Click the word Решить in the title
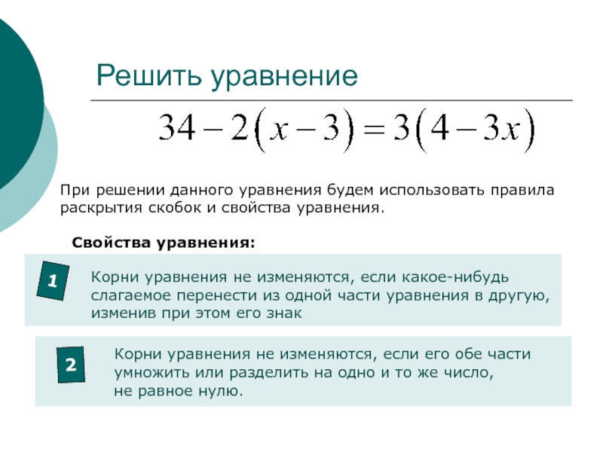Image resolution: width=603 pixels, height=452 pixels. pos(148,75)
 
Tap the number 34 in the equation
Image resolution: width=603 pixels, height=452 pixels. pos(177,128)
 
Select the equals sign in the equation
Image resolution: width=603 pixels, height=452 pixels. pos(373,129)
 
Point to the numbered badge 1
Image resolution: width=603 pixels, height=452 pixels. pos(53,280)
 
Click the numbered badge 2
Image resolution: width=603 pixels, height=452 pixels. pos(71,365)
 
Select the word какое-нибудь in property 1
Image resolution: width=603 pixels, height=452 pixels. pos(455,276)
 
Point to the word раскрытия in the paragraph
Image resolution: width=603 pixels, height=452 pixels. pos(101,209)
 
